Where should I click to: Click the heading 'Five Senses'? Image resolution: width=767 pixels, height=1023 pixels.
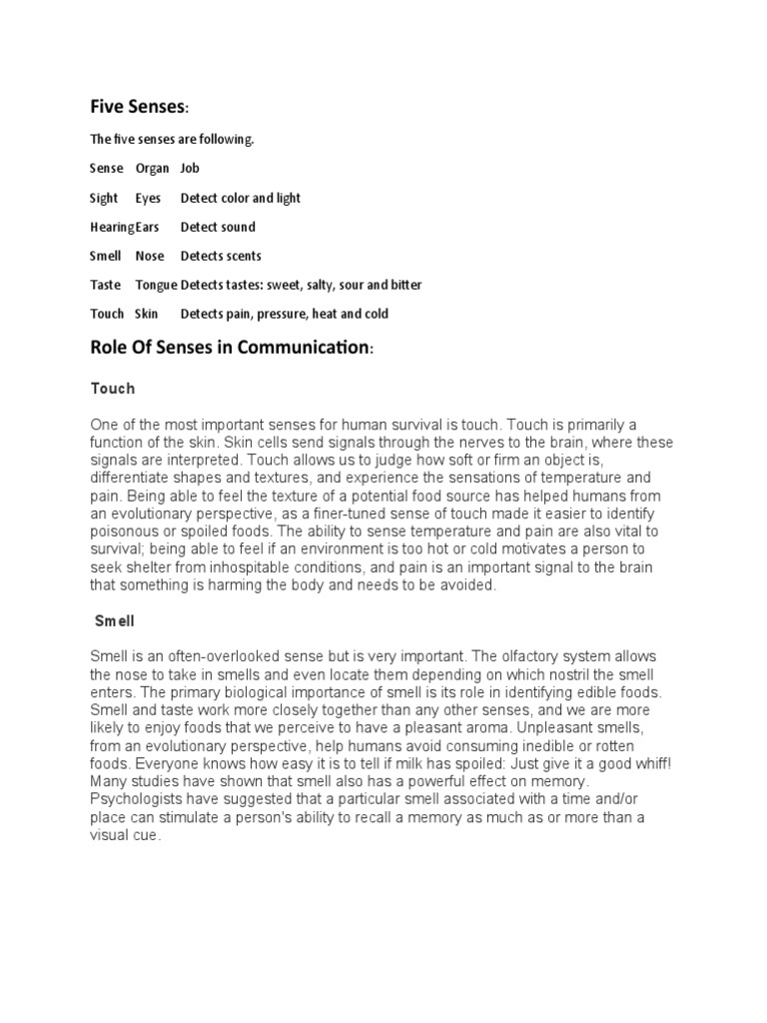click(x=138, y=106)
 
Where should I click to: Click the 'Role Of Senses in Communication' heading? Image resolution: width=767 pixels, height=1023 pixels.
click(x=230, y=350)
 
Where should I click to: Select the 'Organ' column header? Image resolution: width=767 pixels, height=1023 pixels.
click(x=152, y=169)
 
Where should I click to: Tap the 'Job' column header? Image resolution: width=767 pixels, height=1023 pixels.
click(x=190, y=169)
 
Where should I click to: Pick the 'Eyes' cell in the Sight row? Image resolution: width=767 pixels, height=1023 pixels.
click(x=148, y=198)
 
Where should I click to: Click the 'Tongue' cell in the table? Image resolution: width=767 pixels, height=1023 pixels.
click(x=156, y=285)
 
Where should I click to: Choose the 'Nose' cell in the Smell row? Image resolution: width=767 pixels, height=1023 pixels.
click(x=150, y=256)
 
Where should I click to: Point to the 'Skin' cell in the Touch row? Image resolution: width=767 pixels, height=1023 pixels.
click(x=147, y=314)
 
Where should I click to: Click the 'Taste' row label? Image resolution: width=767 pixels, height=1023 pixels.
click(x=105, y=285)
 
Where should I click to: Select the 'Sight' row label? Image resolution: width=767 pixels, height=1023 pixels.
click(x=104, y=198)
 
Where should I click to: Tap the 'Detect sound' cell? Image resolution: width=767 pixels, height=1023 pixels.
click(x=218, y=227)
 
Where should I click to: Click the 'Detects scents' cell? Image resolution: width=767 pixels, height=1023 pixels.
click(x=221, y=256)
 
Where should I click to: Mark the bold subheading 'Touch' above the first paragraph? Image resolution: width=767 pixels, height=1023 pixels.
click(x=112, y=388)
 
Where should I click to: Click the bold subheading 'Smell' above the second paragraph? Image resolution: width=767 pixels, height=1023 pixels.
click(x=115, y=620)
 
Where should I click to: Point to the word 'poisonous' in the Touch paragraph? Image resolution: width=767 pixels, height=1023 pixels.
click(x=124, y=530)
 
